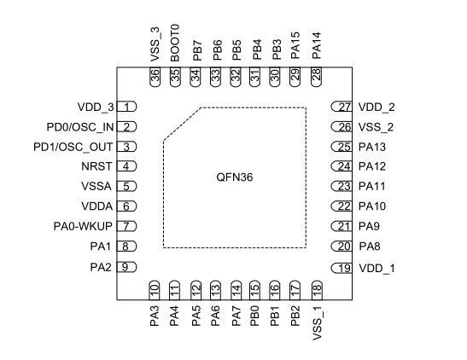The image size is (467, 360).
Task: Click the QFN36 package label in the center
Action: pyautogui.click(x=235, y=177)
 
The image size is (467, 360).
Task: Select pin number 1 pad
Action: pyautogui.click(x=126, y=107)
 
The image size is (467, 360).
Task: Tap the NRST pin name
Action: pyautogui.click(x=96, y=166)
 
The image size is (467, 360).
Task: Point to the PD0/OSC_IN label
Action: pyautogui.click(x=80, y=127)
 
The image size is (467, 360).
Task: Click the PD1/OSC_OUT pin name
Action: pyautogui.click(x=73, y=147)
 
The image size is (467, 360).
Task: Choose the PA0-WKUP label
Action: pyautogui.click(x=83, y=226)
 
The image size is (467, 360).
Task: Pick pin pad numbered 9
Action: pyautogui.click(x=126, y=267)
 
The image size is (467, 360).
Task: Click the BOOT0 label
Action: pyautogui.click(x=175, y=44)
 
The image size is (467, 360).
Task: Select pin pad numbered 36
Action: pyautogui.click(x=155, y=77)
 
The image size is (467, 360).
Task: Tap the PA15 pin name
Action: pyautogui.click(x=295, y=45)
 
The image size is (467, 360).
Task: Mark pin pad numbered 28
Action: pyautogui.click(x=316, y=77)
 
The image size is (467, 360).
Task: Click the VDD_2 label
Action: pyautogui.click(x=377, y=107)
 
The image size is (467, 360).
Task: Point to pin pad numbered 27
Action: pyautogui.click(x=341, y=107)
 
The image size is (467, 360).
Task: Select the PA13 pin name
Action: pyautogui.click(x=372, y=147)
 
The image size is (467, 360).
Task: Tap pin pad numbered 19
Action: pyautogui.click(x=341, y=268)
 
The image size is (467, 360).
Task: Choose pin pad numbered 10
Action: pyautogui.click(x=155, y=290)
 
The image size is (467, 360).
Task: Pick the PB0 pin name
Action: pyautogui.click(x=255, y=316)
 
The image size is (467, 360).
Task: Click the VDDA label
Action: pyautogui.click(x=97, y=206)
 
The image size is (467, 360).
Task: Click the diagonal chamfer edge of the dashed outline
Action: pyautogui.click(x=182, y=124)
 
